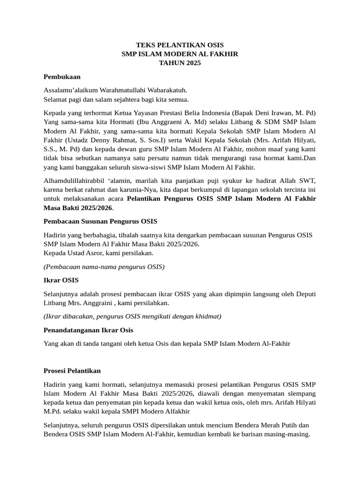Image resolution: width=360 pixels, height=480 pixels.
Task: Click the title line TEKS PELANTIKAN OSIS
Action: [180, 45]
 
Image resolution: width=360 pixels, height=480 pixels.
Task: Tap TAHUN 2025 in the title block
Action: [180, 63]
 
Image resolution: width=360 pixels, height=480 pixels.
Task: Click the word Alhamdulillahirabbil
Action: [76, 181]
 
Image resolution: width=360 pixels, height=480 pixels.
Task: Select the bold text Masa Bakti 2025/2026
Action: [78, 208]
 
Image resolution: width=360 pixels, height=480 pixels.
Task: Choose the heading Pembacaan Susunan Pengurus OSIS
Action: [100, 221]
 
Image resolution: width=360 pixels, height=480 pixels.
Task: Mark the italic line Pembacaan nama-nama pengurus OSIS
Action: [104, 267]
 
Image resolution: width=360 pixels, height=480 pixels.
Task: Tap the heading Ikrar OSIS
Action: [61, 280]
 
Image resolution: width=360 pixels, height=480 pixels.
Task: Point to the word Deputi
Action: [305, 294]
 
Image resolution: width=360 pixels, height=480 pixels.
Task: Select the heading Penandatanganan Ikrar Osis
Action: [88, 330]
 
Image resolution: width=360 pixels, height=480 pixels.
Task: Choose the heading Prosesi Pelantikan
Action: [72, 371]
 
